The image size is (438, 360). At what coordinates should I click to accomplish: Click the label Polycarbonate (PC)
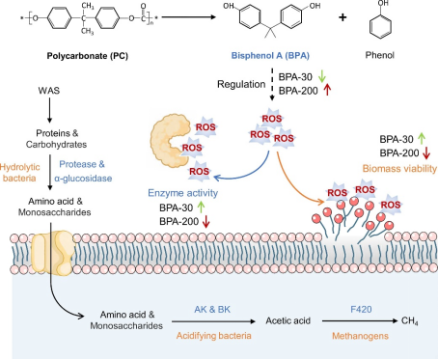pos(88,56)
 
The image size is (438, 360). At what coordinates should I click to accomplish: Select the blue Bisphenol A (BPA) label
pos(270,56)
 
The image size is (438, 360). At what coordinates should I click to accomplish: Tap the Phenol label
pos(379,55)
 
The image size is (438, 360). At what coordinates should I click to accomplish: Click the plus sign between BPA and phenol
pos(342,17)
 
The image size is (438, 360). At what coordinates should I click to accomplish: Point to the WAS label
pos(49,91)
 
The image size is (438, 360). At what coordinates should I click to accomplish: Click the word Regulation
pos(241,84)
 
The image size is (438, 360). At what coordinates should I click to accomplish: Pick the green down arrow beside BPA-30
pos(322,76)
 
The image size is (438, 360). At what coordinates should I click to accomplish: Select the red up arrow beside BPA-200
pos(327,90)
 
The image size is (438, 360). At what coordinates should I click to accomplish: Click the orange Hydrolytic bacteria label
pos(19,173)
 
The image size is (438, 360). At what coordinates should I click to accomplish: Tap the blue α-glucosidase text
pos(83,179)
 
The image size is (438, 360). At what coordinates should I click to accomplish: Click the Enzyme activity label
pos(182,193)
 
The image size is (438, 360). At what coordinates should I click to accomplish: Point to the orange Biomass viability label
pos(399,168)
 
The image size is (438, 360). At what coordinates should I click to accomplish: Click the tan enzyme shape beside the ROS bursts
pos(168,140)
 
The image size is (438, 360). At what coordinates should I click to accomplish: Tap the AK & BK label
pos(212,310)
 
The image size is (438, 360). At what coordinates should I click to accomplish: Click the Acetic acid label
pos(287,320)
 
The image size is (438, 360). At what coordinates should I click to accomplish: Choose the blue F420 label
pos(361,310)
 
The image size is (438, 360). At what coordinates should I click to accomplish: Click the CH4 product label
pos(410,321)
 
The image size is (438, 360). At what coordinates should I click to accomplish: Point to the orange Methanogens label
pos(360,336)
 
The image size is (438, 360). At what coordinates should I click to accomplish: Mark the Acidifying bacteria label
pos(213,336)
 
